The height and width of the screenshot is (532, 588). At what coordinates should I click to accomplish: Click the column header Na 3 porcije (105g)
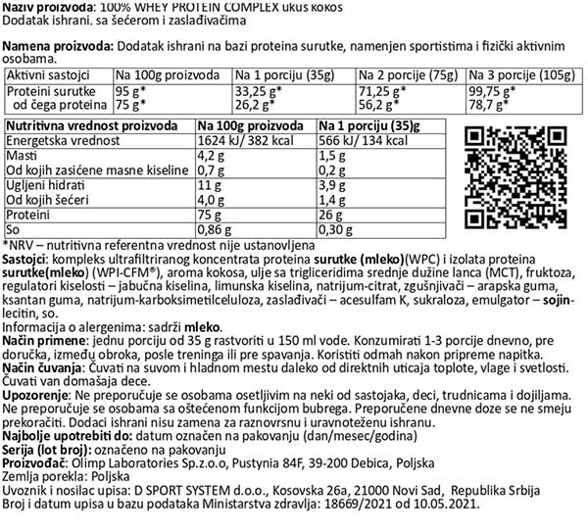pyautogui.click(x=521, y=75)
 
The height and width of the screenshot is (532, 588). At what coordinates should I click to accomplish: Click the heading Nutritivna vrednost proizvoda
pyautogui.click(x=87, y=126)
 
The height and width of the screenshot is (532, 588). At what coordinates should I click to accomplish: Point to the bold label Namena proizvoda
pyautogui.click(x=57, y=46)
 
